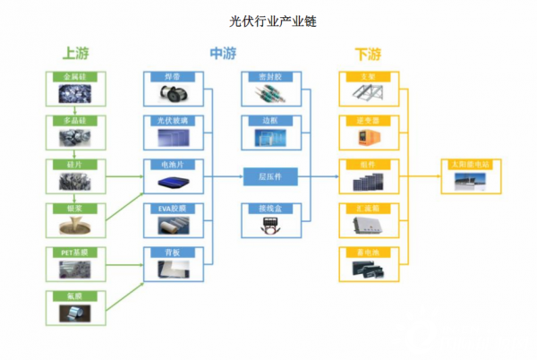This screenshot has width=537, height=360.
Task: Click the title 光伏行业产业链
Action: pos(268,19)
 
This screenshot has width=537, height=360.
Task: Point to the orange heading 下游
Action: pos(369,55)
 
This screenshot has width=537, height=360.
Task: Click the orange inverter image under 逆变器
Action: pos(369,137)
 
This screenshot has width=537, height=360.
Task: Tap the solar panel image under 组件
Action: pos(369,182)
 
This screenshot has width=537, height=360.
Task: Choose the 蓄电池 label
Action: pos(369,252)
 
